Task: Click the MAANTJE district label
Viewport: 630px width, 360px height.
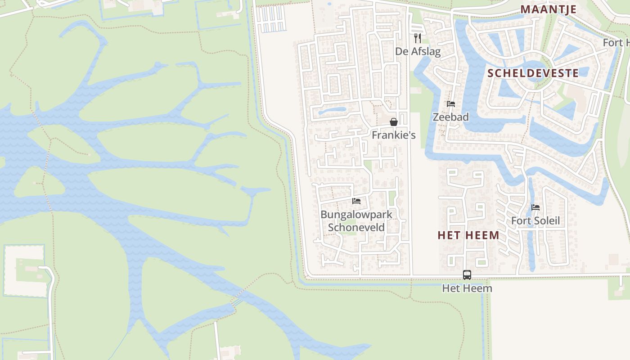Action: tap(548, 9)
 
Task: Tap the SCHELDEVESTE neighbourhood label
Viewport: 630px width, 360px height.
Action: tap(533, 73)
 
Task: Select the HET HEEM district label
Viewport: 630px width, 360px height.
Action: tap(468, 235)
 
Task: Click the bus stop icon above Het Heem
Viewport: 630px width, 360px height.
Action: tap(467, 274)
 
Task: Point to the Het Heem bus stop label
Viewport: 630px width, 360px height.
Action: tap(467, 288)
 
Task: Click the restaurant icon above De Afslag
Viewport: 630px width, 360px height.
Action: tap(418, 38)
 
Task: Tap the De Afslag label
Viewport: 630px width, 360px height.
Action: tap(418, 51)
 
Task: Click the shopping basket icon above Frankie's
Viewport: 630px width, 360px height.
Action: tap(393, 122)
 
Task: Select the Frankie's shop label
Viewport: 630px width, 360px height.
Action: tap(393, 135)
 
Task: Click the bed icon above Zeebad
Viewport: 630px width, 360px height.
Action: tap(450, 104)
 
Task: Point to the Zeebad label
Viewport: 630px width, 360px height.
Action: tap(450, 117)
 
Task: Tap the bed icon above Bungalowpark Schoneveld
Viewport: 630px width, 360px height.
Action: tap(356, 201)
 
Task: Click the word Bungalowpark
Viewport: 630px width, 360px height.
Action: tap(356, 215)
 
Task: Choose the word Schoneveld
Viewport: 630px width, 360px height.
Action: tap(356, 228)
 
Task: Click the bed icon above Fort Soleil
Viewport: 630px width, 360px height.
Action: tap(535, 207)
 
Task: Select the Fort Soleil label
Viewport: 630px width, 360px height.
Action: tap(535, 221)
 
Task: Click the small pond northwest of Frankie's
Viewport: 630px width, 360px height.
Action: tap(332, 110)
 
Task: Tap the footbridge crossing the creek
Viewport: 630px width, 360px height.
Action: tap(237, 298)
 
